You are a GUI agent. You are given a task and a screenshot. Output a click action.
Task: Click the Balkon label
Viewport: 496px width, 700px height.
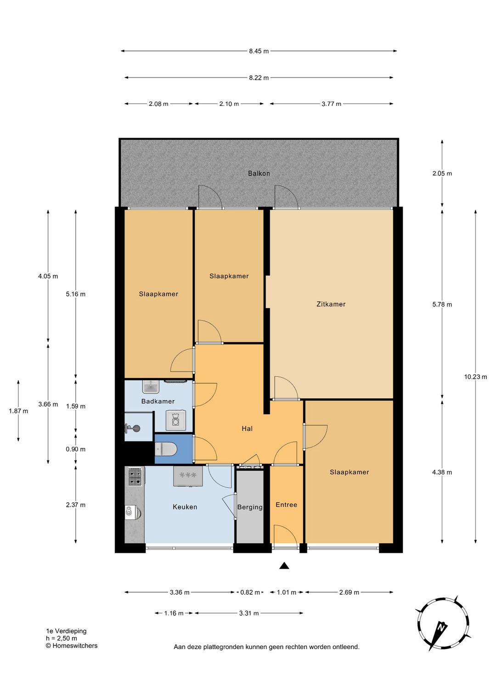(x=259, y=173)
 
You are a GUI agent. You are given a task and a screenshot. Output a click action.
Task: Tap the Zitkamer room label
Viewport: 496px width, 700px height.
(x=331, y=304)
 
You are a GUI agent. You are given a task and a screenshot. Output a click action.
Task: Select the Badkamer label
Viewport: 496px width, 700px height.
(x=158, y=401)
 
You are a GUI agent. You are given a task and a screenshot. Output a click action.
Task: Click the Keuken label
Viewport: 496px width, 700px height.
(x=185, y=507)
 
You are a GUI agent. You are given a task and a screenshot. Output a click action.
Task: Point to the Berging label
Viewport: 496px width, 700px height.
(x=250, y=507)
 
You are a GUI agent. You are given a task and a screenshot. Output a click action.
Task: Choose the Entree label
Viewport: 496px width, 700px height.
(x=286, y=505)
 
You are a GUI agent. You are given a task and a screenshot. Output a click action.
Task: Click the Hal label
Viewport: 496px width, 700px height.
(x=247, y=429)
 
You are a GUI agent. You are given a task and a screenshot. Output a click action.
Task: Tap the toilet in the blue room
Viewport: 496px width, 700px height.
(x=166, y=450)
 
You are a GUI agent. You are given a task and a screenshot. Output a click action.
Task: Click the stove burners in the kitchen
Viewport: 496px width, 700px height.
(x=135, y=477)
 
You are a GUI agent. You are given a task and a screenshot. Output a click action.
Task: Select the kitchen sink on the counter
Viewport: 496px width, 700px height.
(x=133, y=512)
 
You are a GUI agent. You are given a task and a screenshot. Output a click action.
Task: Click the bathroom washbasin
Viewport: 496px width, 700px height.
(x=151, y=387)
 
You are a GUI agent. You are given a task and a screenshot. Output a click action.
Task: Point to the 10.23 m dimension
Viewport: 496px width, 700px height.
(x=475, y=377)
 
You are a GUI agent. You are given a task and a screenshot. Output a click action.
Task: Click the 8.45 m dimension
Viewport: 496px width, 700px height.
(x=259, y=51)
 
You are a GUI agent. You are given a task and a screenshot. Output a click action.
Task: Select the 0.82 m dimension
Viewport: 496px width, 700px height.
(x=250, y=592)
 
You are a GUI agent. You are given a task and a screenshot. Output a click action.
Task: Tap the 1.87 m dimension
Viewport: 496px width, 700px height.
(x=18, y=411)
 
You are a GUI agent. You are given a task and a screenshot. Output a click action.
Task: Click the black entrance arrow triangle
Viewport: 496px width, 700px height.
(x=284, y=565)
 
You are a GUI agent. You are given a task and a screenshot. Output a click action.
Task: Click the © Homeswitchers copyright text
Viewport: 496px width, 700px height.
(x=72, y=645)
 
